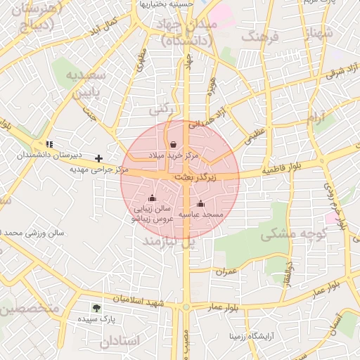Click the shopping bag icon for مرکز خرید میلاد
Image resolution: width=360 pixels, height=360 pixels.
pyautogui.click(x=173, y=144)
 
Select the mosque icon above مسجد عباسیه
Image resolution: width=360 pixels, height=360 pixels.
pyautogui.click(x=200, y=204)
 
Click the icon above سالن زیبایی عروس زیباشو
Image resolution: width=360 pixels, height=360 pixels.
pyautogui.click(x=153, y=199)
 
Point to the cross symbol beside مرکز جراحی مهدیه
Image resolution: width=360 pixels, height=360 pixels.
pyautogui.click(x=98, y=158)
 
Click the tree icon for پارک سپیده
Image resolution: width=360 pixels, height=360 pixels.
pyautogui.click(x=96, y=307)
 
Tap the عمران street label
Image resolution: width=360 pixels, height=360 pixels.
pyautogui.click(x=226, y=271)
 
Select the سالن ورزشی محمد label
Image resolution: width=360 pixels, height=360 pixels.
pyautogui.click(x=32, y=232)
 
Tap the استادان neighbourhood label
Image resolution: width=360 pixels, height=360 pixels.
pyautogui.click(x=120, y=341)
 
